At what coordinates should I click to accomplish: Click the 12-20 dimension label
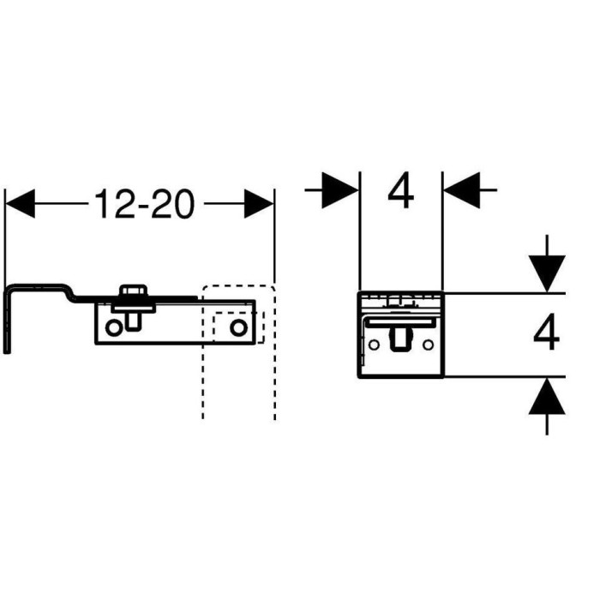coord(144,204)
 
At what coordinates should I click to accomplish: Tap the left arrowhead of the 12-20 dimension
coord(21,204)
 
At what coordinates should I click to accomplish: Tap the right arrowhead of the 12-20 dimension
coord(259,204)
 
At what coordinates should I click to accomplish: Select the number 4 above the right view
coord(400,190)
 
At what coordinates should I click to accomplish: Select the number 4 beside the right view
coord(547,332)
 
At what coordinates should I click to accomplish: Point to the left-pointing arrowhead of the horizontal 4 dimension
coord(462,190)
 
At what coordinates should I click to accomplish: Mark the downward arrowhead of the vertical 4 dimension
coord(547,273)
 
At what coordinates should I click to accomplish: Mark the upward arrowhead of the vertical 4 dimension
coord(547,396)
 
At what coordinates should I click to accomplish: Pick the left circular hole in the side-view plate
coord(114,328)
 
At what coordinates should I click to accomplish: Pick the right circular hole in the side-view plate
coord(238,327)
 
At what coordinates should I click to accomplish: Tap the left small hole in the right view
coord(374,345)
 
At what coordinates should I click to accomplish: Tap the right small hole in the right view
coord(429,345)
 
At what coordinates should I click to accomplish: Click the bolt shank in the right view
coord(401,339)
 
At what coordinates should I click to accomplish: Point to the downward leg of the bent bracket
coord(7,321)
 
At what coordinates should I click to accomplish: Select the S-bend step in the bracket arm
coord(69,293)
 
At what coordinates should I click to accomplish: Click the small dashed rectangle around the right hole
coord(239,327)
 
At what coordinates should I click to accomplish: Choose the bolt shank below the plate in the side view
coord(132,321)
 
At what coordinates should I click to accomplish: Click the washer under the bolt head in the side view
coord(133,307)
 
